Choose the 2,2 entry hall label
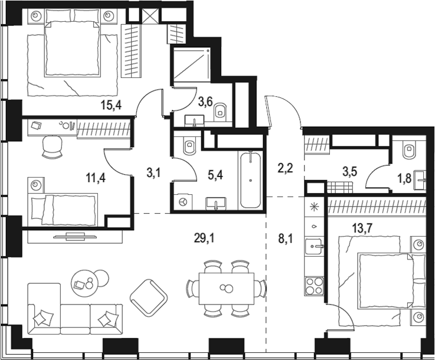pyautogui.click(x=285, y=169)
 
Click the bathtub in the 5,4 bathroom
pyautogui.click(x=251, y=179)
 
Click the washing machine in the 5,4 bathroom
pyautogui.click(x=182, y=202)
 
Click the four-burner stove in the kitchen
pyautogui.click(x=313, y=286)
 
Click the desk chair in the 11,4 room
pyautogui.click(x=53, y=146)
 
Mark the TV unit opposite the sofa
pyautogui.click(x=74, y=236)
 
